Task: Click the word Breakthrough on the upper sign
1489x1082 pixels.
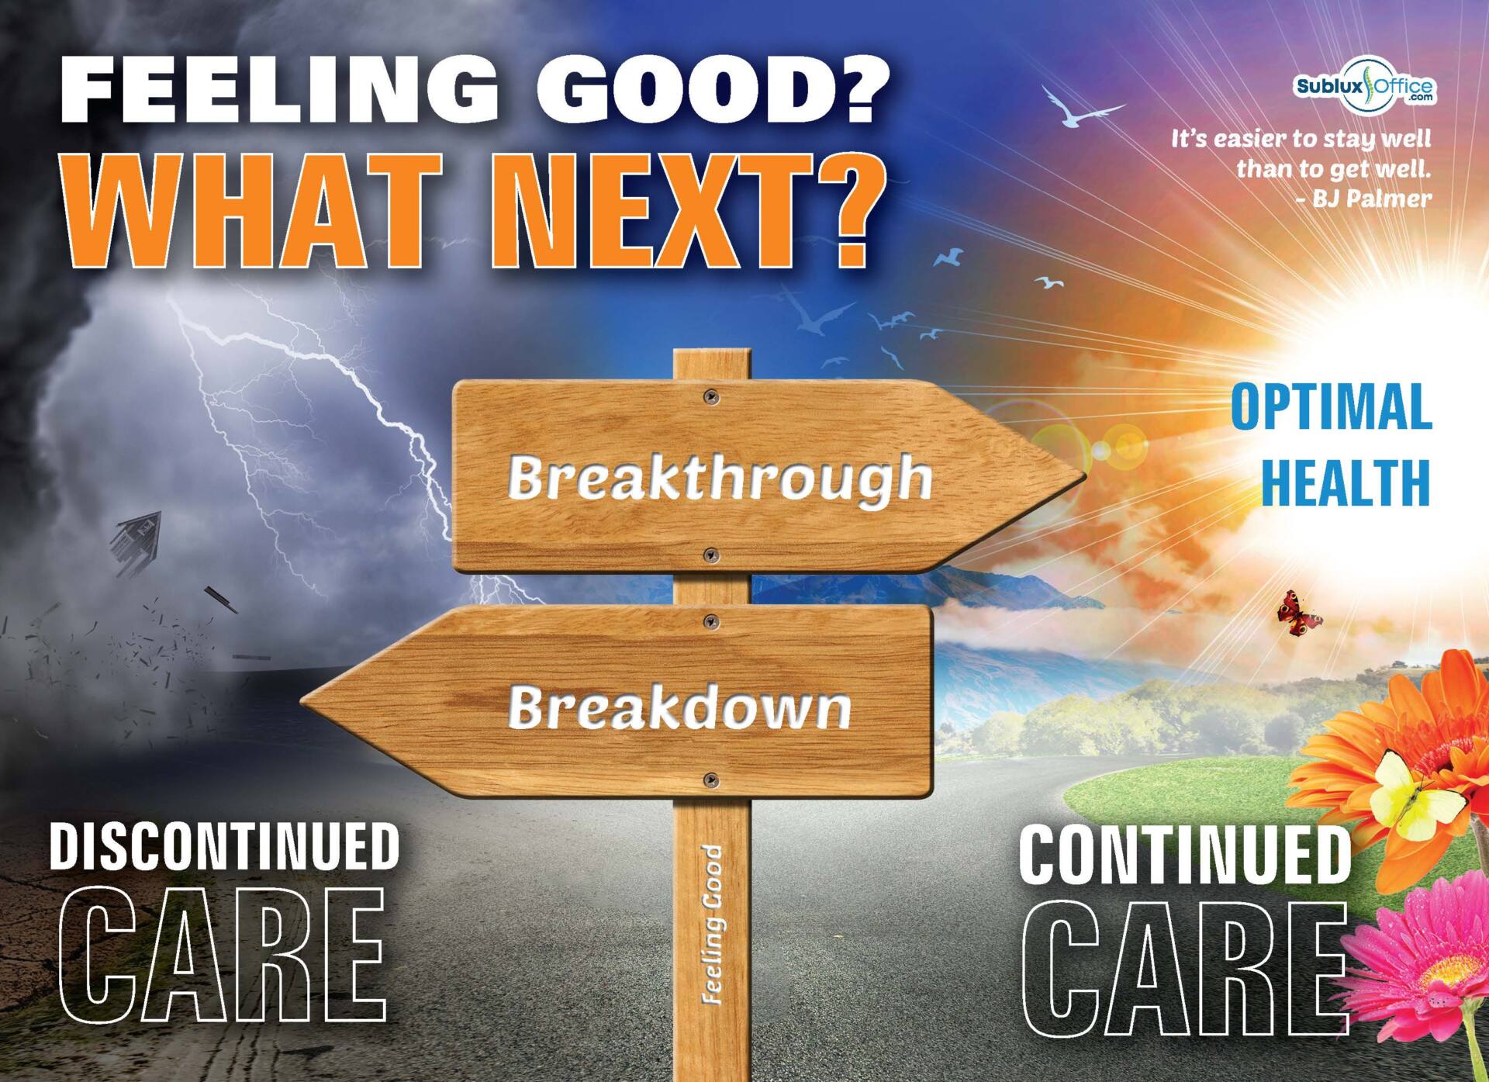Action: [720, 479]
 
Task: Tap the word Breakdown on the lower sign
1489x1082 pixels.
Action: [679, 706]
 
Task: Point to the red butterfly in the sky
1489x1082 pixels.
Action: [1300, 614]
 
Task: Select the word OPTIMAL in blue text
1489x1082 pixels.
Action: [1331, 406]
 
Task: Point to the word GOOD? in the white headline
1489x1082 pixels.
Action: [717, 91]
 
